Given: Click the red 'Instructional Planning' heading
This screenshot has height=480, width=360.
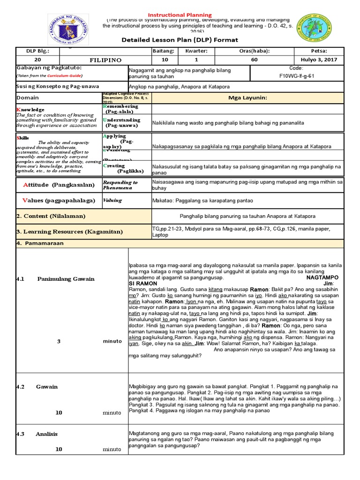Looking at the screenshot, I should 180,15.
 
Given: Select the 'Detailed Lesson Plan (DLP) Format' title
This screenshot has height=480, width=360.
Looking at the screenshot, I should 180,40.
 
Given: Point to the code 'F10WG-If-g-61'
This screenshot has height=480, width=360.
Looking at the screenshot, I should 297,75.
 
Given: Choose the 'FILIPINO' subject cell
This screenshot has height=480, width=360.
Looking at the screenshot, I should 105,60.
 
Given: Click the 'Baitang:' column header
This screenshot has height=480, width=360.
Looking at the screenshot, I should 163,51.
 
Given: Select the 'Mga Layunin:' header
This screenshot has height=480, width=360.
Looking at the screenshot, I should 247,97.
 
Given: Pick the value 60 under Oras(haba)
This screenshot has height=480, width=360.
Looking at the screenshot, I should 255,60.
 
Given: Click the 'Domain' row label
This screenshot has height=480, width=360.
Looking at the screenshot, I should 28,97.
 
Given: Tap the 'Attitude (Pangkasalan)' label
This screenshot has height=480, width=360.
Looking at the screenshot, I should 59,185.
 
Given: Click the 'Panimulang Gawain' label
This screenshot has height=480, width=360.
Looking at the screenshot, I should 66,279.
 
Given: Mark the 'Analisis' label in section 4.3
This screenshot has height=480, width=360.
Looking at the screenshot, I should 46,434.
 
